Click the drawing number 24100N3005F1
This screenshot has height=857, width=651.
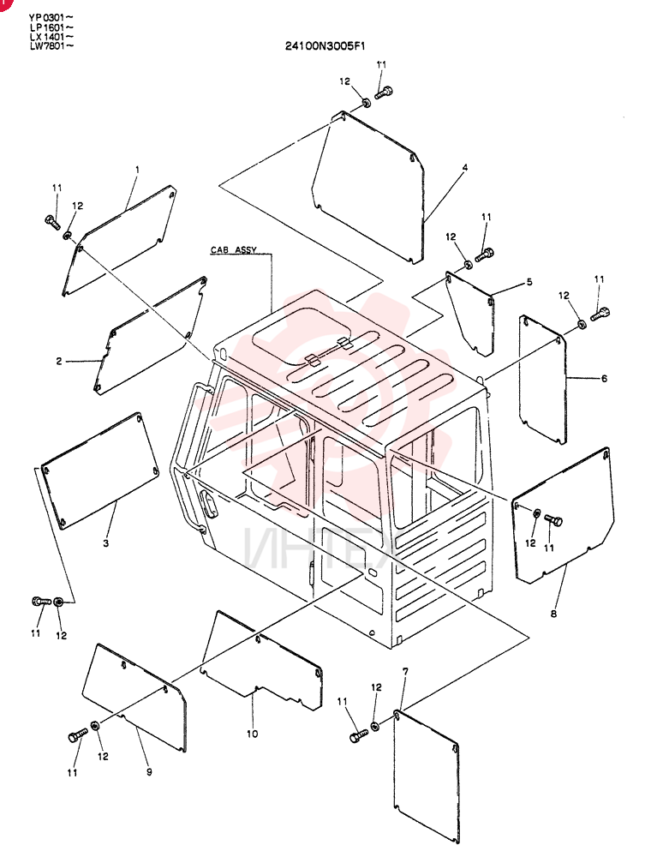click(325, 46)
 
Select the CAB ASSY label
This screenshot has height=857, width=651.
click(233, 249)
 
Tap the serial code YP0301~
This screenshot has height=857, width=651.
click(51, 18)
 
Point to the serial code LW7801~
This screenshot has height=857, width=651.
click(51, 46)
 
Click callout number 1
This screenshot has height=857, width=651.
click(137, 170)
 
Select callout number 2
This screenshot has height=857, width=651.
click(59, 361)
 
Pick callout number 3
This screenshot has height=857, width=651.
click(106, 542)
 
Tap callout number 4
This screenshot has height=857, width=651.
click(465, 167)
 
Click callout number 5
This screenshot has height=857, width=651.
click(529, 282)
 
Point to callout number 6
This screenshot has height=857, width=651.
click(604, 378)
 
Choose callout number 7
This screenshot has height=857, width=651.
click(404, 671)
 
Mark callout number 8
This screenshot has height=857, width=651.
click(554, 614)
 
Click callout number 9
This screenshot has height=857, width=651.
click(149, 771)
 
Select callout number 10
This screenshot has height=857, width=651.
click(252, 734)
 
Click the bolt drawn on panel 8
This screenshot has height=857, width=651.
click(553, 521)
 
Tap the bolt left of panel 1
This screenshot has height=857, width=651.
click(52, 223)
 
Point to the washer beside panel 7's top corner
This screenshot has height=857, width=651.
click(375, 726)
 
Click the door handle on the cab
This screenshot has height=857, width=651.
click(208, 503)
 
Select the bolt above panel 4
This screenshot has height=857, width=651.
click(384, 92)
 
